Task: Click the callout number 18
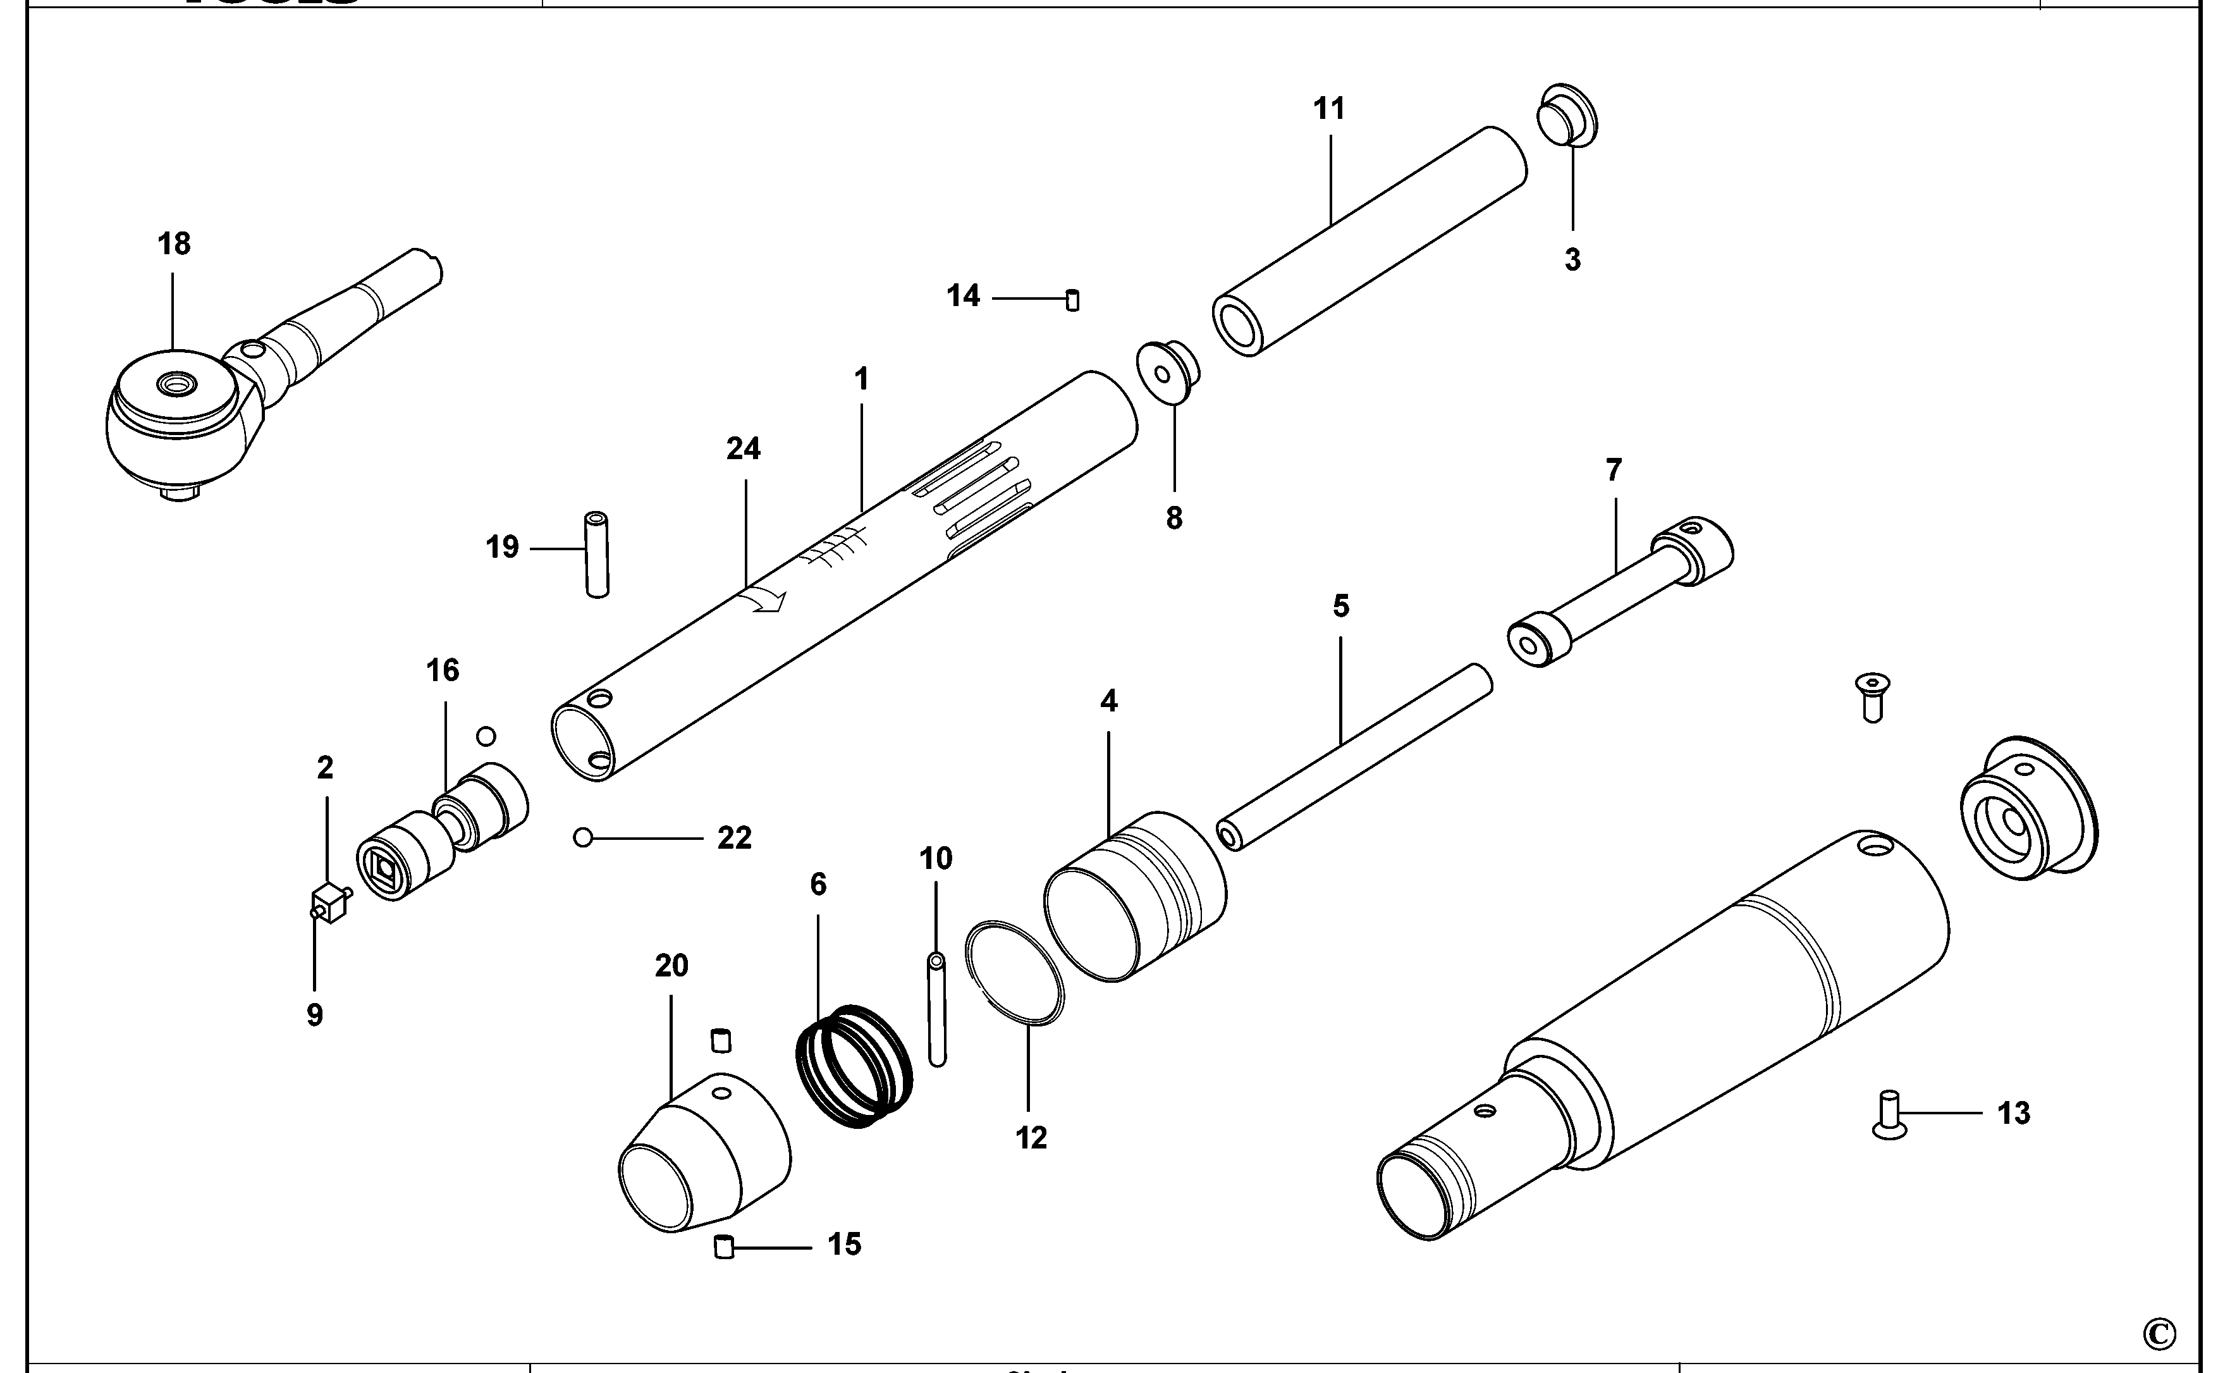click(x=175, y=244)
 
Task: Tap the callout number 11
click(x=1329, y=109)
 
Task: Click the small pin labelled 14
click(x=1072, y=300)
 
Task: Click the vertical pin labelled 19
click(x=596, y=555)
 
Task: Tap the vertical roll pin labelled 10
click(x=937, y=1008)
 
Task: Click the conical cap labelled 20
click(x=704, y=1154)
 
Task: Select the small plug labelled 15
click(x=723, y=1248)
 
